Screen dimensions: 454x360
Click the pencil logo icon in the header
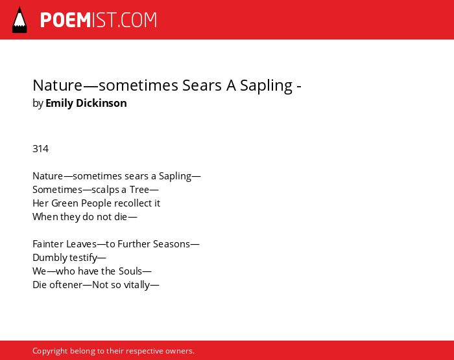point(19,19)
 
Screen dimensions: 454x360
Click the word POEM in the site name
point(66,20)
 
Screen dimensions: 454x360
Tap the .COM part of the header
point(137,20)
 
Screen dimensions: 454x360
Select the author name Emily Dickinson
point(86,103)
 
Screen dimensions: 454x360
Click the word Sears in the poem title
point(202,85)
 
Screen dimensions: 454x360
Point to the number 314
point(40,149)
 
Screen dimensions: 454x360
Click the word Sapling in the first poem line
point(175,176)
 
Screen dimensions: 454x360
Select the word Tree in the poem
point(139,190)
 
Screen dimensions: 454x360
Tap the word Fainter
point(48,244)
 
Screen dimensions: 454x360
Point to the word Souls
point(130,271)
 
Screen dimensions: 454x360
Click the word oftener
point(66,285)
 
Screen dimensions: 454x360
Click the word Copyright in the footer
point(50,351)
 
